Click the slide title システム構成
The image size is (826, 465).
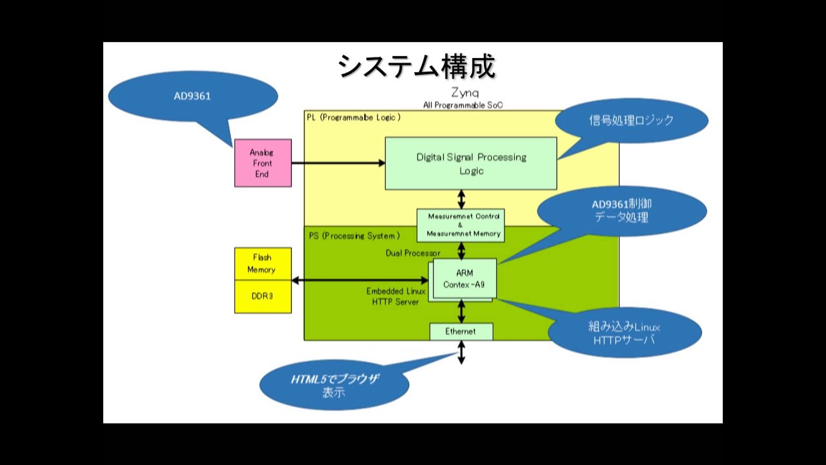[x=416, y=67]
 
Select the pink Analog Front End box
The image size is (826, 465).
[x=263, y=163]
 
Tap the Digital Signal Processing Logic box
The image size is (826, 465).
[x=470, y=163]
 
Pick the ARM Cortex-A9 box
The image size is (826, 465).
[x=465, y=278]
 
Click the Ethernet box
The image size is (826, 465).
[x=461, y=331]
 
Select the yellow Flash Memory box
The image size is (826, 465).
[x=262, y=263]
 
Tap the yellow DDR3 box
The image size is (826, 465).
[x=262, y=296]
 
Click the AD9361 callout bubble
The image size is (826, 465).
[x=192, y=96]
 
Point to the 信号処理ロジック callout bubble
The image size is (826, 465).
[x=631, y=120]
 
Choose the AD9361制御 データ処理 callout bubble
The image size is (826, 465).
[x=621, y=211]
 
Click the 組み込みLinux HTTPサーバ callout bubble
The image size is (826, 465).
[x=624, y=333]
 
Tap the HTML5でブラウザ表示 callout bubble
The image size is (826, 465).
[x=334, y=385]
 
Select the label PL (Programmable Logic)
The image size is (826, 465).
[x=354, y=117]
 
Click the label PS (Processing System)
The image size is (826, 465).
[x=354, y=236]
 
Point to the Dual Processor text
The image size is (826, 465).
[x=413, y=253]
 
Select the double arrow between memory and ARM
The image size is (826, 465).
[x=360, y=280]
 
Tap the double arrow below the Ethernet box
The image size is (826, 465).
[x=461, y=353]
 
